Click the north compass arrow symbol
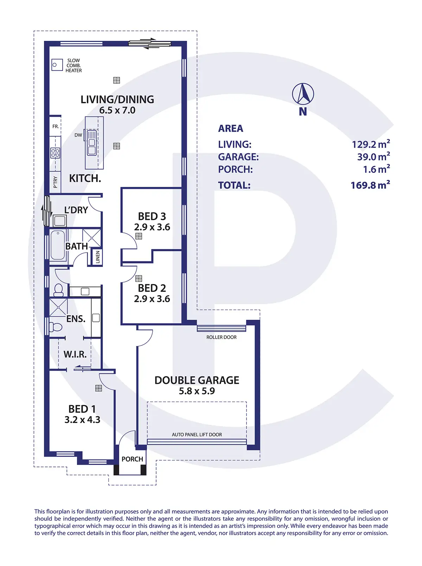(x=303, y=94)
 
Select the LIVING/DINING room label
(x=117, y=99)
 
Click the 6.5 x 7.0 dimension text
(x=117, y=110)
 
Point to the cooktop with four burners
(x=55, y=153)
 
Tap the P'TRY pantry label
(x=55, y=182)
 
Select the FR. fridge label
(x=56, y=126)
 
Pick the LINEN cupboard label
(x=98, y=257)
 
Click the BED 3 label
(x=152, y=216)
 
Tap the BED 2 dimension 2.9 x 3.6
(x=152, y=299)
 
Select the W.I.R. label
(x=75, y=354)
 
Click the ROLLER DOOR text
(x=221, y=337)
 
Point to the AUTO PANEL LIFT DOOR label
(x=197, y=435)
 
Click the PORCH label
(x=132, y=459)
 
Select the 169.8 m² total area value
(x=370, y=185)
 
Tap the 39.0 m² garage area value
(x=373, y=157)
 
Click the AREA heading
(x=230, y=129)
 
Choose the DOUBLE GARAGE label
(x=197, y=380)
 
